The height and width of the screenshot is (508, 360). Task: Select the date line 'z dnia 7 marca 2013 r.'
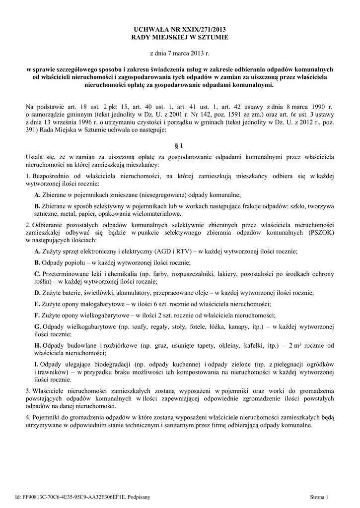pos(180,53)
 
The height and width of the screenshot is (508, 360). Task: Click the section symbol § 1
pos(180,146)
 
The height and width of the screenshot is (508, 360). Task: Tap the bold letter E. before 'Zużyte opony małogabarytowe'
pos(37,304)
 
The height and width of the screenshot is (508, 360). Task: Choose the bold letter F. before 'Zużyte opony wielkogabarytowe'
pos(37,315)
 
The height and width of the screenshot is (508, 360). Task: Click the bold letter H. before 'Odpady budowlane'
pos(38,345)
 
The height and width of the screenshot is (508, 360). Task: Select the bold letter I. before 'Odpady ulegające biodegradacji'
pos(36,364)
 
